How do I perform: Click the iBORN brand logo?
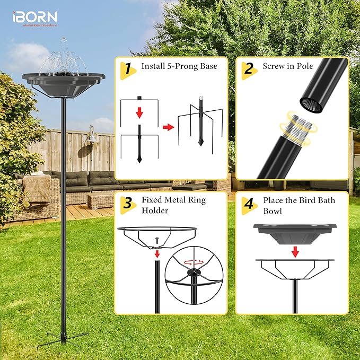34,18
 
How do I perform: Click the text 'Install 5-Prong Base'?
177,67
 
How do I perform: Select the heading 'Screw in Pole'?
288,67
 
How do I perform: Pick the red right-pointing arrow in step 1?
168,127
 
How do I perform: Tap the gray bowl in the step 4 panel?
295,230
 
